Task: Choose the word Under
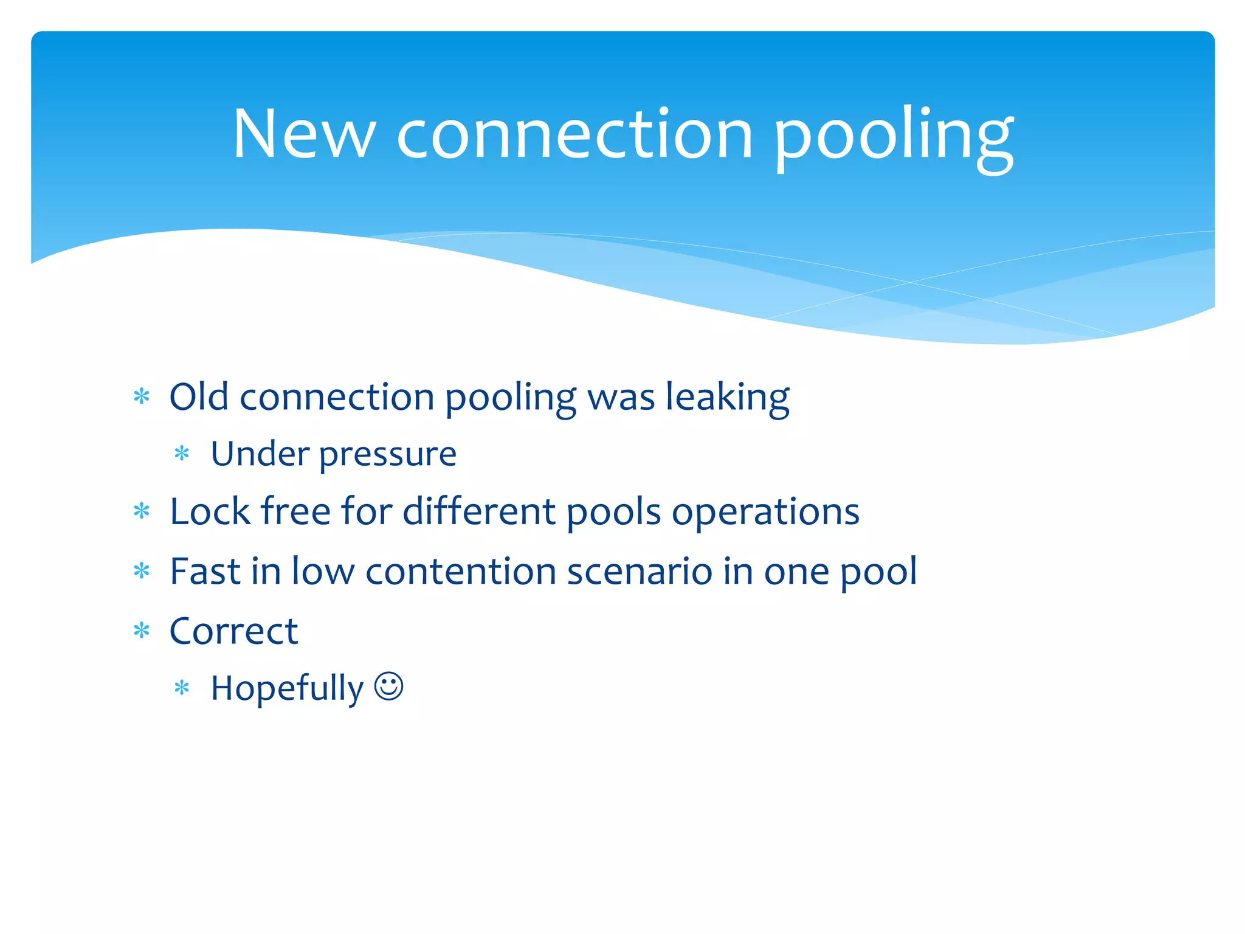click(x=260, y=454)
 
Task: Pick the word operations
click(x=765, y=513)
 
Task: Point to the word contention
click(x=461, y=572)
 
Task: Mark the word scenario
click(x=639, y=572)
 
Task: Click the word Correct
click(x=233, y=631)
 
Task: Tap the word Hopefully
click(x=287, y=689)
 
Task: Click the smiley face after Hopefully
click(x=388, y=687)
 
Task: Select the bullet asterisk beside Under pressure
click(x=182, y=454)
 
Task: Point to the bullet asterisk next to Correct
click(x=142, y=631)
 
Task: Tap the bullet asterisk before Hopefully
click(x=182, y=688)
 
